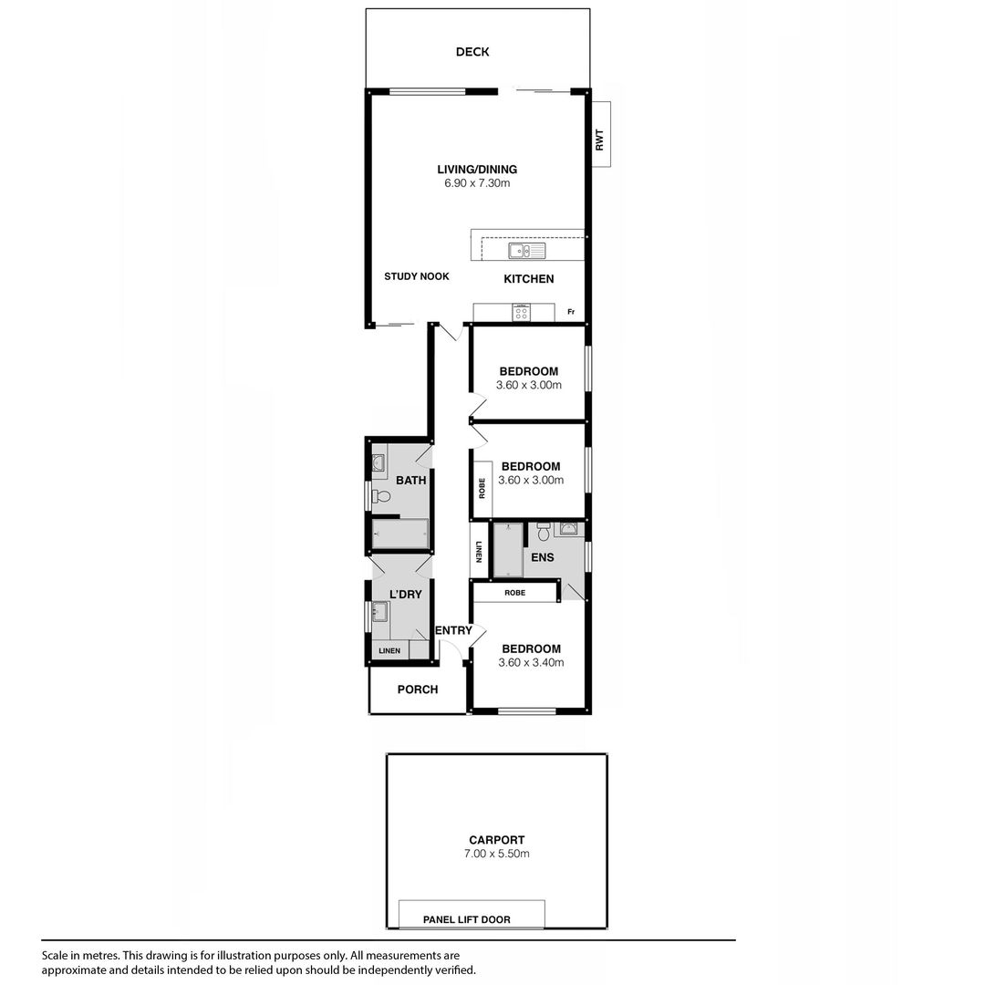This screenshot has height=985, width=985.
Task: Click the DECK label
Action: click(472, 52)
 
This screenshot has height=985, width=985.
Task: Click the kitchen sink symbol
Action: click(526, 251)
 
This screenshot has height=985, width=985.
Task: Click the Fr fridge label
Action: click(571, 313)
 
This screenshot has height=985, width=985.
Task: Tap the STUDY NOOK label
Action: click(417, 276)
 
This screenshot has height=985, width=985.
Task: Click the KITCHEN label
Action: click(529, 279)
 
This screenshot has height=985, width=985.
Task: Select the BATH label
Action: click(410, 481)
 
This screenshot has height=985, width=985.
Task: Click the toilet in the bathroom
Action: click(381, 497)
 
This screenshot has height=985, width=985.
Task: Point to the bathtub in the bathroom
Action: click(399, 533)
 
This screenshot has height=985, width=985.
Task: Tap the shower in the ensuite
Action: click(508, 550)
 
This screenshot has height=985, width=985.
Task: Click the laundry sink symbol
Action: click(379, 612)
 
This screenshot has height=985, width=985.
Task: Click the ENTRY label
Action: click(453, 631)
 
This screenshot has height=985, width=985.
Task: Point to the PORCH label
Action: click(418, 689)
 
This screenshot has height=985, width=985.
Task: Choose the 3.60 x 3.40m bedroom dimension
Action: click(531, 663)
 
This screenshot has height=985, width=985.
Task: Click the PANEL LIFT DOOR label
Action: click(467, 919)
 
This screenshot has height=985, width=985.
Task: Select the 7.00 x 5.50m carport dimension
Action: click(496, 855)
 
